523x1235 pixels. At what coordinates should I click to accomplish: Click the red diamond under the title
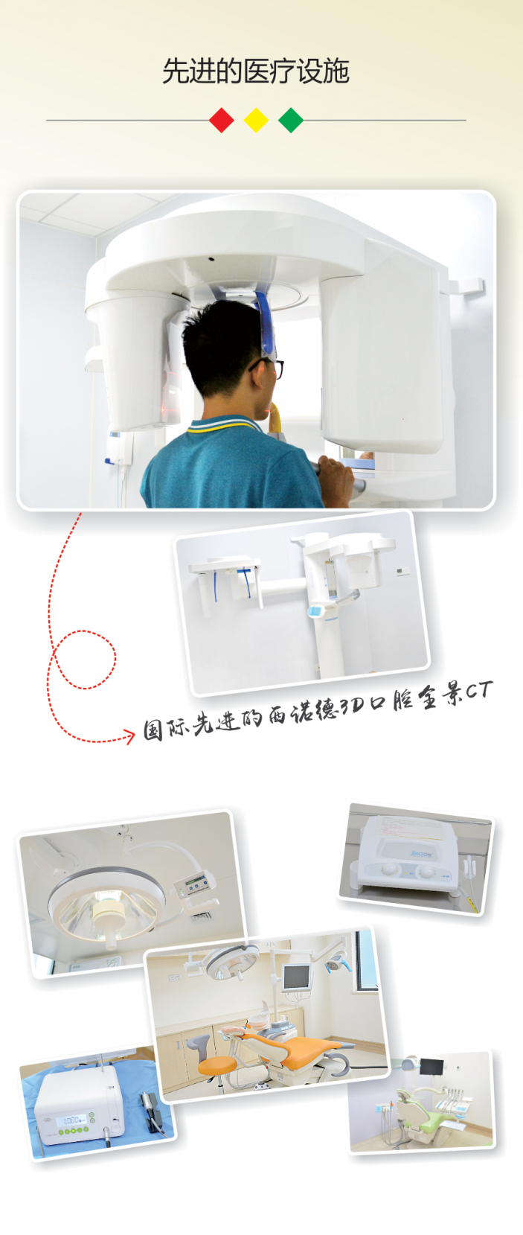point(222,120)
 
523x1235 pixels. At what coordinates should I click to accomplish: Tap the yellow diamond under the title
point(256,120)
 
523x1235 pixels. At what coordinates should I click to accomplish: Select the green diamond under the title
point(291,120)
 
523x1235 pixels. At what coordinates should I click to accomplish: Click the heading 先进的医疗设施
point(256,71)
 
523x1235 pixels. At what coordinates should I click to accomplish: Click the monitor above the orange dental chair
point(296,977)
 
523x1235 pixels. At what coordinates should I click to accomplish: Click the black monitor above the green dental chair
point(431,1066)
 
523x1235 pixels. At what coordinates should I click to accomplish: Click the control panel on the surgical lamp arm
point(195,883)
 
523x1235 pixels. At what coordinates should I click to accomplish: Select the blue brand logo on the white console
point(421,855)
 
